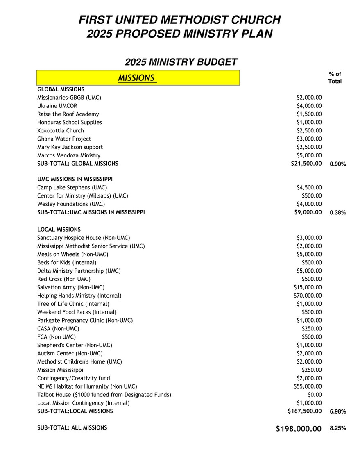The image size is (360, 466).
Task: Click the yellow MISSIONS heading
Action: point(137,78)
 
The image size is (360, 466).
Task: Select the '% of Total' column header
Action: point(335,77)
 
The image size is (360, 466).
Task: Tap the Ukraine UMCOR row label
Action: point(57,106)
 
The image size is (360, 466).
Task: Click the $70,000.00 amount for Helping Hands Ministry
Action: point(308,296)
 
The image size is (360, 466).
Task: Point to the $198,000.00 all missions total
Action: point(299,429)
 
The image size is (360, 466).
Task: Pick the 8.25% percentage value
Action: point(338,428)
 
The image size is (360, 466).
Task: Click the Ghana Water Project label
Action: point(64,139)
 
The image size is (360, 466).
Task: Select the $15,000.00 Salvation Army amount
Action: point(308,287)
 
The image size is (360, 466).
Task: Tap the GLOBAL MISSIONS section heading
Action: point(61,89)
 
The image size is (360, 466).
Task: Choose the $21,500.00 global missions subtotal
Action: point(306,164)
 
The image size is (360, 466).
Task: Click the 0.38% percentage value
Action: point(338,213)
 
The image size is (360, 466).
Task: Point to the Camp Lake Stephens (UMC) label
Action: point(72,188)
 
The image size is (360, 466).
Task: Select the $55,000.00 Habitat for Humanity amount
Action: point(308,386)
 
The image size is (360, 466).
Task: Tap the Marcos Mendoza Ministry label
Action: point(69,155)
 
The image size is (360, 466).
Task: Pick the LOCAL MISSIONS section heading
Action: point(59,230)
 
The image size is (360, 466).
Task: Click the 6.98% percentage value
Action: point(338,411)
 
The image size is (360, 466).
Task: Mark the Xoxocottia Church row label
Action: point(61,130)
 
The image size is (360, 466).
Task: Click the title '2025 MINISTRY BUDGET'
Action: point(181,62)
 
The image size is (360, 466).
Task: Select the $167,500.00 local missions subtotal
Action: point(305,411)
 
